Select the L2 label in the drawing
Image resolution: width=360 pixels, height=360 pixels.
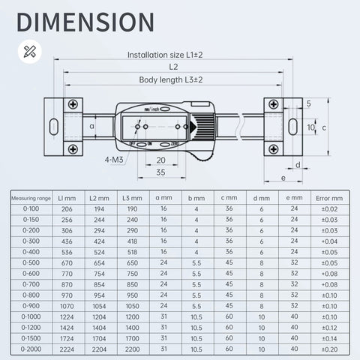[173, 67]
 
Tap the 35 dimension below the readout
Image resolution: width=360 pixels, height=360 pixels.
[160, 172]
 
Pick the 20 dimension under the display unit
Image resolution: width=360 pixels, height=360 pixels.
[160, 160]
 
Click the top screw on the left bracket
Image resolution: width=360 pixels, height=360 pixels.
[72, 103]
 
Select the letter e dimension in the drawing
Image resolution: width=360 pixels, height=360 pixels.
[283, 178]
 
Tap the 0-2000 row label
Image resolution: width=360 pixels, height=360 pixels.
[31, 349]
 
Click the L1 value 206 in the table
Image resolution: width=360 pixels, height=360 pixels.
[65, 208]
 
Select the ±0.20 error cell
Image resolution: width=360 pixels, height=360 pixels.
[328, 349]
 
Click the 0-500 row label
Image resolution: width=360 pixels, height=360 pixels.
[31, 262]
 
